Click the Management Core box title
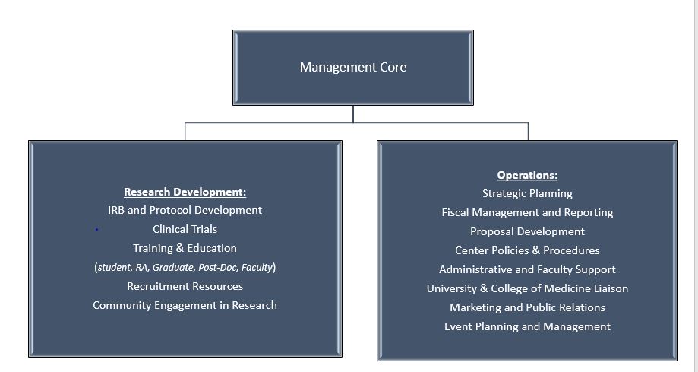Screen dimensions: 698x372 pyautogui.click(x=353, y=67)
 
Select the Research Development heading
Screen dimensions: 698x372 pyautogui.click(x=185, y=192)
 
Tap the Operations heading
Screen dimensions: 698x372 pyautogui.click(x=527, y=175)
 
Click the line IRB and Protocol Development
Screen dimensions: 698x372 pyautogui.click(x=185, y=210)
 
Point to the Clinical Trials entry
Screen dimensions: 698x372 pyautogui.click(x=185, y=229)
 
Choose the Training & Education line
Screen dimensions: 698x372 pyautogui.click(x=185, y=248)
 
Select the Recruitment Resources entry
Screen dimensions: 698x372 pyautogui.click(x=185, y=286)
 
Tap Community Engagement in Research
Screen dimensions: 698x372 pyautogui.click(x=185, y=306)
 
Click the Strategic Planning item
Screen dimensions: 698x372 pyautogui.click(x=527, y=193)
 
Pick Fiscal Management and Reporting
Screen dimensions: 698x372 pyautogui.click(x=527, y=212)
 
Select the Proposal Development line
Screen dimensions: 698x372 pyautogui.click(x=527, y=231)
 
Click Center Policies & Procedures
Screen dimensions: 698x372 pyautogui.click(x=527, y=250)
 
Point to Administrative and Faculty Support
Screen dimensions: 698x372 pyautogui.click(x=527, y=269)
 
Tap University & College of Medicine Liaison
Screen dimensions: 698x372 pyautogui.click(x=527, y=288)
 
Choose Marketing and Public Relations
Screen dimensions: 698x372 pyautogui.click(x=527, y=307)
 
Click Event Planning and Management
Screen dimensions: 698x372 pyautogui.click(x=527, y=326)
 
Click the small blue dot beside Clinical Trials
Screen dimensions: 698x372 pyautogui.click(x=96, y=230)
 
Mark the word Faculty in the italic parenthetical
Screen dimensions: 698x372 pyautogui.click(x=257, y=267)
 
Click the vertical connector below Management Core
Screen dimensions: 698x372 pyautogui.click(x=353, y=114)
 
